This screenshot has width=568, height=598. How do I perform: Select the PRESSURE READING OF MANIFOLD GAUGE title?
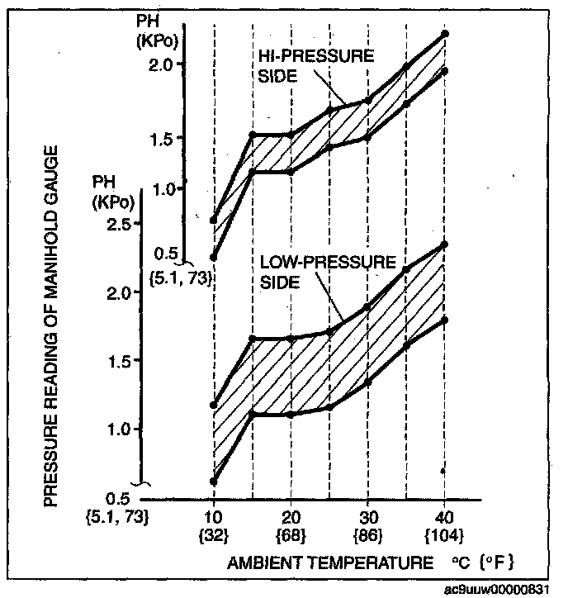tap(50, 325)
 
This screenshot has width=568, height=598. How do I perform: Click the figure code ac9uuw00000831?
tap(504, 590)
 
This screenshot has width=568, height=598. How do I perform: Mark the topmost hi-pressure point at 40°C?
tap(445, 34)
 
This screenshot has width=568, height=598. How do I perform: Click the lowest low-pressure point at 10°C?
tap(214, 481)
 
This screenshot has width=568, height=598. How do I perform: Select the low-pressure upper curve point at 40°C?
tap(445, 244)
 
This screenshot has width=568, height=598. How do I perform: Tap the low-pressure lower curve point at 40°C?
tap(445, 320)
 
